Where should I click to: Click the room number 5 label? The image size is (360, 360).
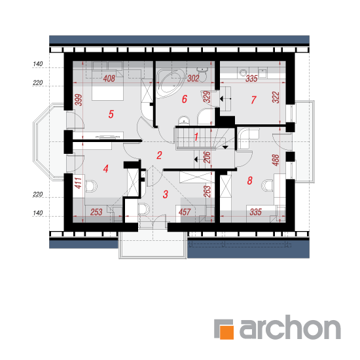tap(111, 114)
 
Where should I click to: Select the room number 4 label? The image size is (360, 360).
tap(105, 169)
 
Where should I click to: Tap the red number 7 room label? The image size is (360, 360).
tap(253, 100)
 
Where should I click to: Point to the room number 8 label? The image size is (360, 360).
tap(250, 181)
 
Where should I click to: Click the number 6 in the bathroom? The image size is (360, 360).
tap(185, 99)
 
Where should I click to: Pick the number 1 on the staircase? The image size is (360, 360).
tap(196, 137)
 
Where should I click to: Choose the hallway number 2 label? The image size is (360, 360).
tap(159, 155)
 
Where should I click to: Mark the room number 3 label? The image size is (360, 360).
tap(166, 194)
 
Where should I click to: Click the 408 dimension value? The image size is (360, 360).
tap(109, 79)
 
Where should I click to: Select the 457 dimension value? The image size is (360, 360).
tap(185, 212)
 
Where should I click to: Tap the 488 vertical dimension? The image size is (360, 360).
tap(276, 160)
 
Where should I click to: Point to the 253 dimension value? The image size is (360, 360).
tap(96, 212)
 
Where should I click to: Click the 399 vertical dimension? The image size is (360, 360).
tap(79, 100)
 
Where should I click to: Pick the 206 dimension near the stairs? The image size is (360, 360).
tap(207, 157)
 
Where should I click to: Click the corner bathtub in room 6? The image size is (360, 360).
tap(170, 83)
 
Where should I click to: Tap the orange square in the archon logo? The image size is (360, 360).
tap(226, 332)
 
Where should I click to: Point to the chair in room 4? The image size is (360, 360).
tap(91, 186)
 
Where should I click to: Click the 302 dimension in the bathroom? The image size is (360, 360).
tap(193, 79)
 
